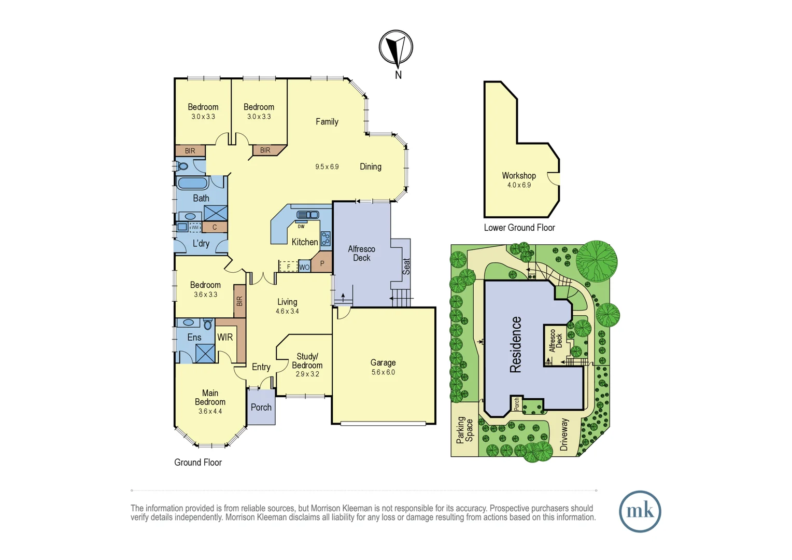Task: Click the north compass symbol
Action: pos(396,48)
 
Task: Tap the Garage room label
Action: pos(383,363)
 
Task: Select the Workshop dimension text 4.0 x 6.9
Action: pos(519,185)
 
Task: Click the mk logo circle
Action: pos(640,511)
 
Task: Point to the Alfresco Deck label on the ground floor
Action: pos(361,254)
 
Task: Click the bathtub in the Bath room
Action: pos(192,183)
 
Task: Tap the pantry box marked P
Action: pos(322,263)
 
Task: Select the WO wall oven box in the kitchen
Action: pos(304,267)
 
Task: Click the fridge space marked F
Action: pos(288,267)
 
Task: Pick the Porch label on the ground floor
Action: pos(261,408)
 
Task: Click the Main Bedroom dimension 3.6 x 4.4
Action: pos(210,411)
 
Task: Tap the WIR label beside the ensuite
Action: pos(225,338)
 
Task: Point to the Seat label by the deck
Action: pos(406,266)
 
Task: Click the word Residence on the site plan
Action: pos(515,344)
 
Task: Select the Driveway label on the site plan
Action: pos(564,435)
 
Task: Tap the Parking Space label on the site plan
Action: pos(464,430)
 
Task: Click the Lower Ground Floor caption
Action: pos(519,228)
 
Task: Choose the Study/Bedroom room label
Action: pos(307,361)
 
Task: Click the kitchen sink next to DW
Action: pos(307,215)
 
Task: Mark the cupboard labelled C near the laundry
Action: pos(215,227)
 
